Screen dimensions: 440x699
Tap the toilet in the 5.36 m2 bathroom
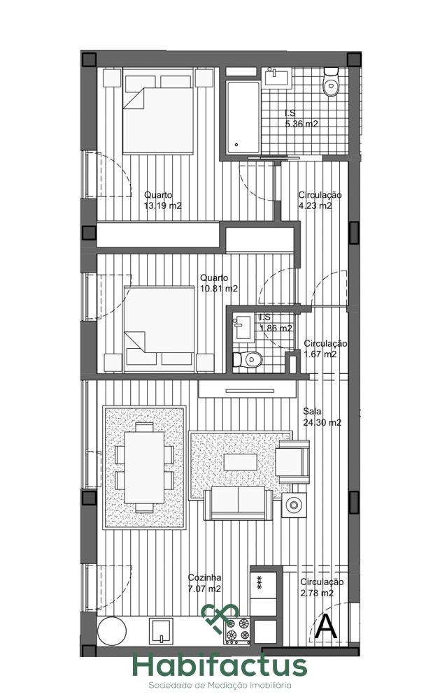[332, 82]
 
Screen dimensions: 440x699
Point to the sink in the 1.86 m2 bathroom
[243, 327]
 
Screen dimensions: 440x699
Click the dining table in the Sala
[144, 467]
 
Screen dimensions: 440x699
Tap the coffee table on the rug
[240, 462]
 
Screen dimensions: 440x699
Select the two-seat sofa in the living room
[238, 503]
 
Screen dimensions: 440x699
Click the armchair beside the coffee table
[292, 462]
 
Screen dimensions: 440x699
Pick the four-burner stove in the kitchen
[237, 630]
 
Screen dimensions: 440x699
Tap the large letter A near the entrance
[326, 627]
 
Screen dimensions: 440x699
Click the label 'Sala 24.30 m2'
[322, 417]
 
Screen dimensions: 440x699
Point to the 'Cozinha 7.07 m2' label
[204, 583]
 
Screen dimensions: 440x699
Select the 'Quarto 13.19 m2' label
[163, 200]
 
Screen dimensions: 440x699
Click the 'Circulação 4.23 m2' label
[320, 200]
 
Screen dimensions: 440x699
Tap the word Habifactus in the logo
[220, 666]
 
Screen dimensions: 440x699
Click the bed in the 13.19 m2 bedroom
[158, 115]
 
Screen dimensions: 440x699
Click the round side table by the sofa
[294, 505]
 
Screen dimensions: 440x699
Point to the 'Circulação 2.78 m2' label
[322, 587]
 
